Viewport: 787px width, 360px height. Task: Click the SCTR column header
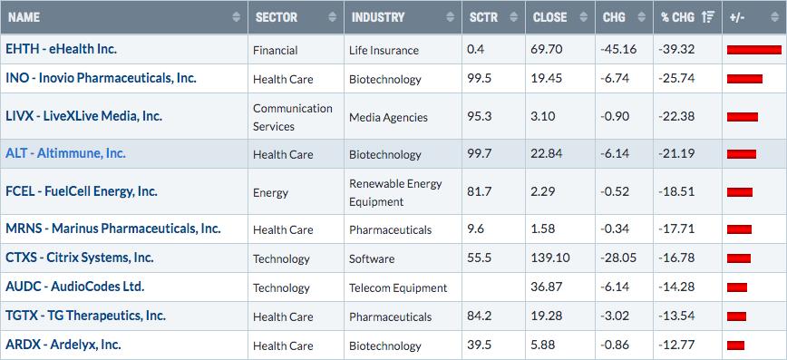pos(484,17)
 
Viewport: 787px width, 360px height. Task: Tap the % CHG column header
pos(677,17)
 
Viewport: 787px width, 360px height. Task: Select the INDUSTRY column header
pos(378,17)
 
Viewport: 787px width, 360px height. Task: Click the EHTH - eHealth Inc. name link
pos(62,49)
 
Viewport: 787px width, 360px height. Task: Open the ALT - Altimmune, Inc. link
pos(66,153)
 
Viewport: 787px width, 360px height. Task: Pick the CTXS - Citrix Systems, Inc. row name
pos(80,258)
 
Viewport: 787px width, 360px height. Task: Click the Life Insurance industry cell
pos(384,50)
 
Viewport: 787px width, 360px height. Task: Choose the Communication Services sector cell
pos(293,118)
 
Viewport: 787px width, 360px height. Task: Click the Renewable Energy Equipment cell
pos(395,192)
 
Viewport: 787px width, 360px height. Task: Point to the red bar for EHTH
pos(753,50)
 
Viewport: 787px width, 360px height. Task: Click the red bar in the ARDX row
pos(735,345)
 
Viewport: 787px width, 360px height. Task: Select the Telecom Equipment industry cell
pos(398,287)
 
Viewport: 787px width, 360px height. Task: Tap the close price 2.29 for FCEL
pos(541,191)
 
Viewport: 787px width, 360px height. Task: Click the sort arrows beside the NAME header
pos(237,17)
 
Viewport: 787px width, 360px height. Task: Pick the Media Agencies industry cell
pos(388,118)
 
